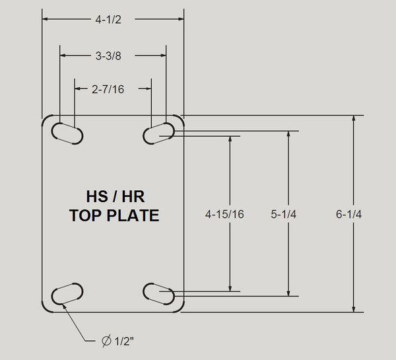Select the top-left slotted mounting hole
tap(67, 132)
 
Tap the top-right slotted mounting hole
tap(159, 132)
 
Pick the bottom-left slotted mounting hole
tap(67, 293)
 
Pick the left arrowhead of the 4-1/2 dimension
tap(46, 19)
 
